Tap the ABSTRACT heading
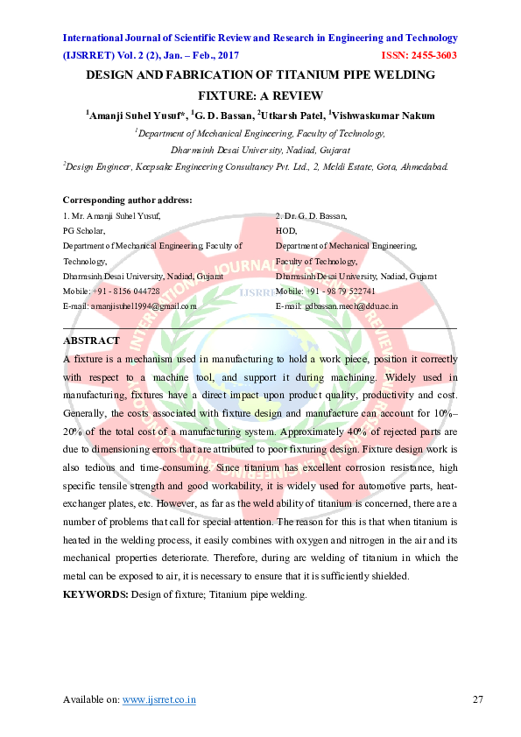coord(91,340)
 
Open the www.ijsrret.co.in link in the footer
coord(158,699)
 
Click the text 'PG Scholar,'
coord(84,230)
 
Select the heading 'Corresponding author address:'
coord(127,200)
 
